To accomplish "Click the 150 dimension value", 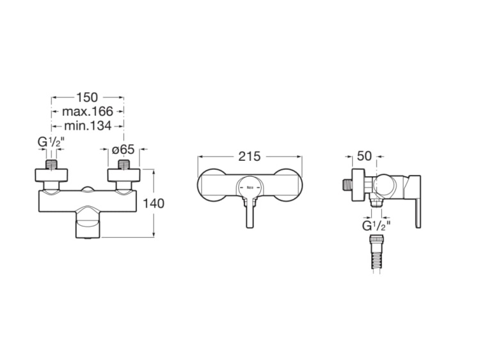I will (87, 97).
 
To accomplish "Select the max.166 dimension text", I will (87, 112).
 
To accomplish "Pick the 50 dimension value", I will (364, 156).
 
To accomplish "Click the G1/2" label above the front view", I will (52, 142).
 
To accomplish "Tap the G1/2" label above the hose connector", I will (376, 225).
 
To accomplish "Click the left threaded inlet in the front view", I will (52, 165).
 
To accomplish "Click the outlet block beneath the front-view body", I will (88, 224).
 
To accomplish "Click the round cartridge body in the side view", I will (382, 186).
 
